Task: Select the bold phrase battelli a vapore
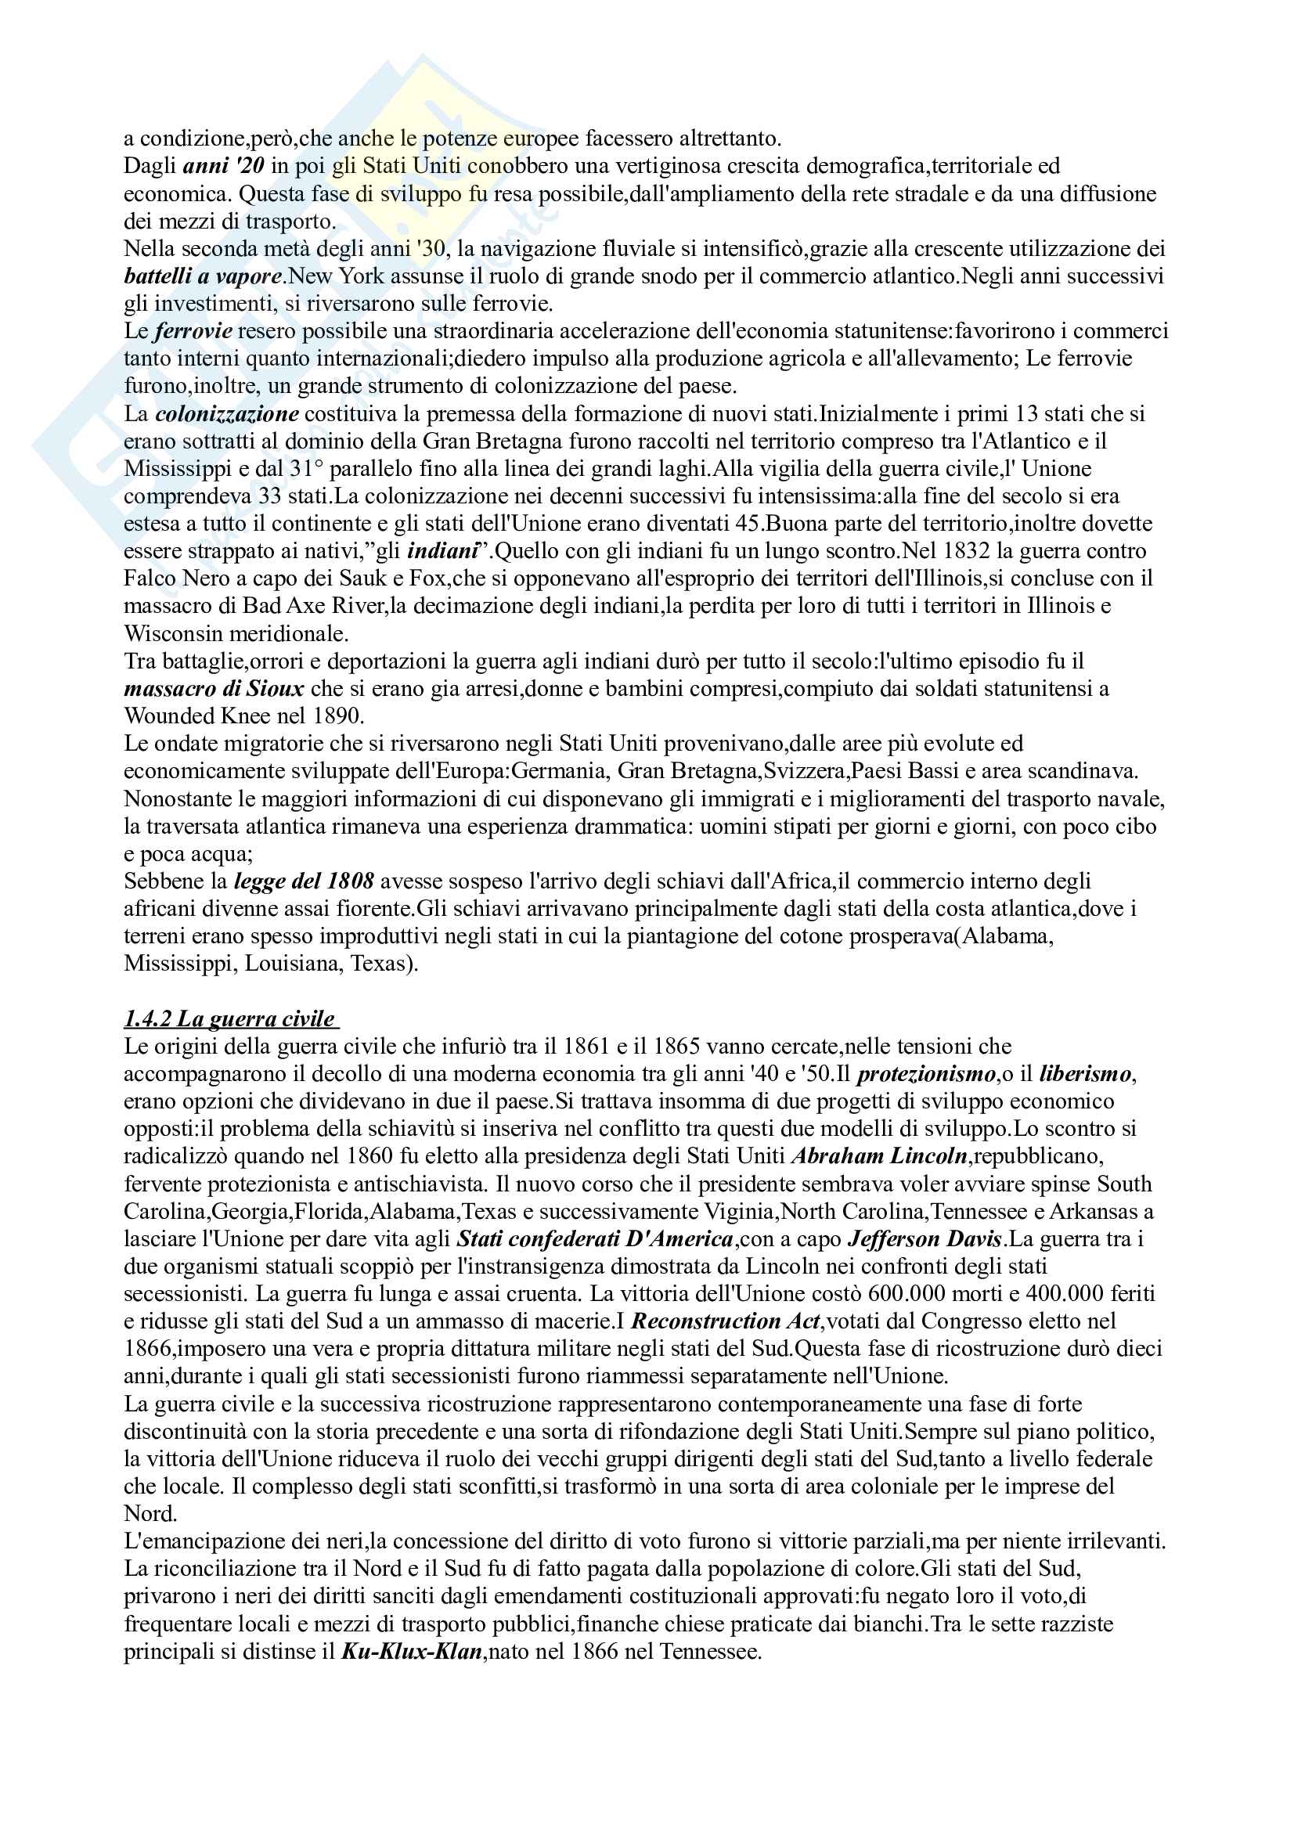(x=204, y=276)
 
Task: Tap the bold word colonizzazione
(x=227, y=414)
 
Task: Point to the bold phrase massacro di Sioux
(x=214, y=688)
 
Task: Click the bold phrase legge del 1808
(x=304, y=881)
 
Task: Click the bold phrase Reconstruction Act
(x=725, y=1321)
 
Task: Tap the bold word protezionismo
(x=926, y=1074)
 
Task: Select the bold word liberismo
(x=1085, y=1074)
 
